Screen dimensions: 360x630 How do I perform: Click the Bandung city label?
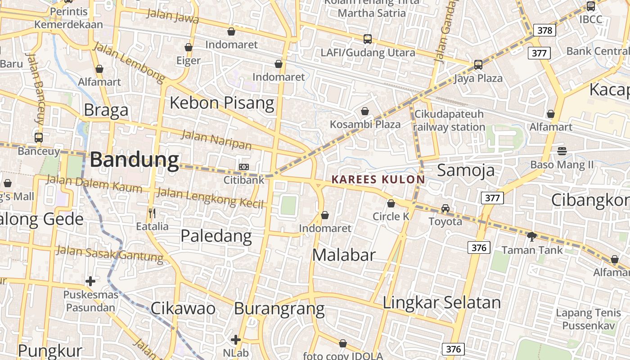(135, 160)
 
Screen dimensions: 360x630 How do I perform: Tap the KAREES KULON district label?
(378, 180)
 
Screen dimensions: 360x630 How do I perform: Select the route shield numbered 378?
(544, 30)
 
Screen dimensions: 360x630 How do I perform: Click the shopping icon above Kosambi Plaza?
(365, 111)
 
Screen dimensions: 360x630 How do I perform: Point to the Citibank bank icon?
(243, 167)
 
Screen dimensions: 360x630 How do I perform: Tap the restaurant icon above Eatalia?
(152, 213)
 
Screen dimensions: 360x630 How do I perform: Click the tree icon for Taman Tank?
(532, 236)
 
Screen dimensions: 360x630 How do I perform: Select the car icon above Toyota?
(445, 208)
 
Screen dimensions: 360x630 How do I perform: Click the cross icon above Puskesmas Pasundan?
(90, 281)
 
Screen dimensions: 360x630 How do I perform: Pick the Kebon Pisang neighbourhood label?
(221, 103)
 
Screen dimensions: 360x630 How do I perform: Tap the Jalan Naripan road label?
(216, 139)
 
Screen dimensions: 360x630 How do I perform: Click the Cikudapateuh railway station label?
(449, 121)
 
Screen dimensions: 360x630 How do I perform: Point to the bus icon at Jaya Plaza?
(478, 65)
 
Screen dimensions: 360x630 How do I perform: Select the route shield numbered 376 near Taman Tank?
(479, 247)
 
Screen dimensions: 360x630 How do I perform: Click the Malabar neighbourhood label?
(344, 255)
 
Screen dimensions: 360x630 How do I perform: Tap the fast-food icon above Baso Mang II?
(562, 151)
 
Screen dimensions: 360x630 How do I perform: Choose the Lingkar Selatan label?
(441, 302)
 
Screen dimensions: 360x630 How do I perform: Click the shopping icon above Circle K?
(391, 203)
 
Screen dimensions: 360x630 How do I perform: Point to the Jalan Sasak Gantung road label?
(109, 254)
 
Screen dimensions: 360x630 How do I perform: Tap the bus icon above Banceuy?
(39, 138)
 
